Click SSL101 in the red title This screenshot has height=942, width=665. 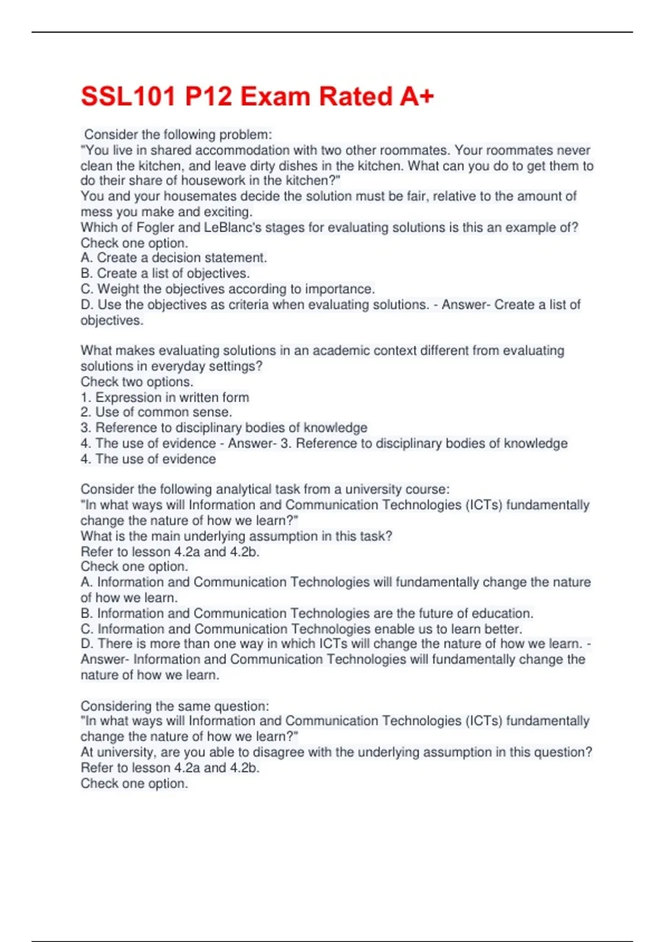click(x=129, y=96)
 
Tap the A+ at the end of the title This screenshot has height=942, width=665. click(x=416, y=96)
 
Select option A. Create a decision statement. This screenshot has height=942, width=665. click(x=174, y=258)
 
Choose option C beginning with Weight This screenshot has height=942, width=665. click(x=228, y=289)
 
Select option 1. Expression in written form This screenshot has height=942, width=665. click(x=165, y=397)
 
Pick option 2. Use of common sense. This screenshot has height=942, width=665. click(x=157, y=412)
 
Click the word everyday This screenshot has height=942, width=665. click(x=177, y=366)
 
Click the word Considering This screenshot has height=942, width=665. click(x=116, y=706)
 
